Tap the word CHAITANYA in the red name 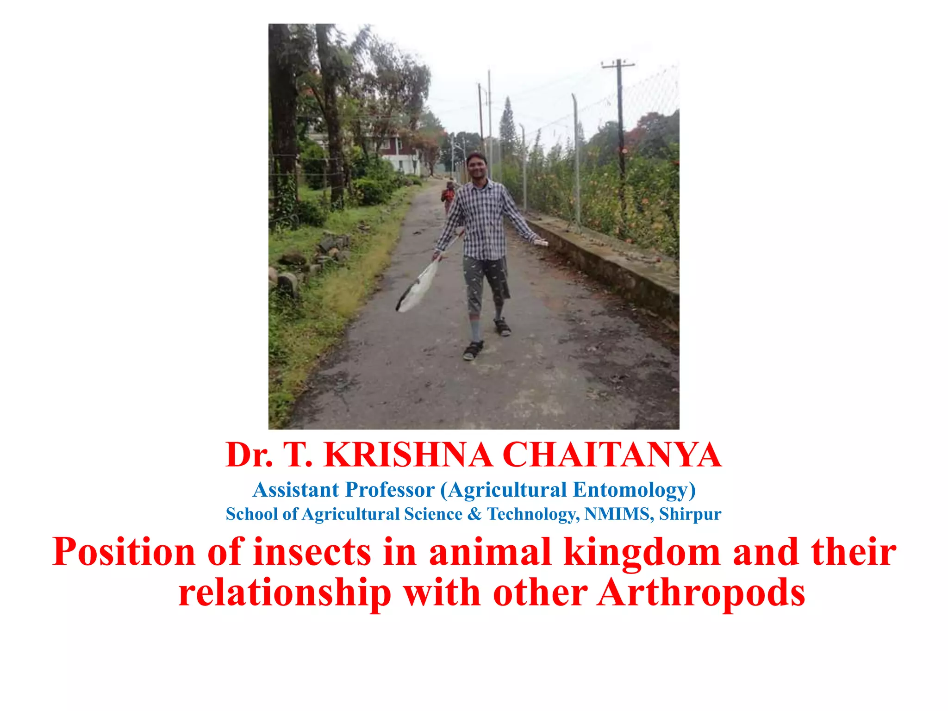point(611,455)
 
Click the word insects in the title point(312,552)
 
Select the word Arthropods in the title point(701,593)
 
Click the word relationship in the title point(285,593)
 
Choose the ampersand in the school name point(474,514)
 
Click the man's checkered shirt point(484,218)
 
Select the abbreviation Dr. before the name point(249,455)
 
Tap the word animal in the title point(490,552)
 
